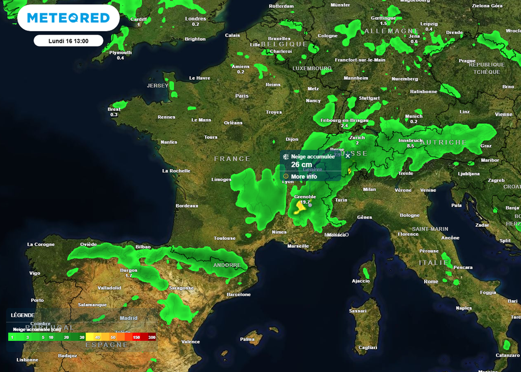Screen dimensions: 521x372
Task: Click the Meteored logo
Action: click(68, 18)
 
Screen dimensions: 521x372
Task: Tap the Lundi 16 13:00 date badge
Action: click(68, 41)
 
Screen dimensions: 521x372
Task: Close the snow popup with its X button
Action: click(348, 156)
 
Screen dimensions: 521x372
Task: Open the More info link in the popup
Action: click(304, 177)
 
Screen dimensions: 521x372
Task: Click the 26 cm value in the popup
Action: click(302, 165)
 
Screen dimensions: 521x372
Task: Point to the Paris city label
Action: click(242, 96)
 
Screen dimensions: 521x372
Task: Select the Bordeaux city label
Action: click(187, 206)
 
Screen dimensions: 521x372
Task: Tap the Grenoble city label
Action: click(305, 197)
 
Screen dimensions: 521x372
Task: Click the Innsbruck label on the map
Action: click(410, 140)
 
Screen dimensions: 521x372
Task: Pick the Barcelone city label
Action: click(239, 295)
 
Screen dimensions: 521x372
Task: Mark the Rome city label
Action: click(431, 281)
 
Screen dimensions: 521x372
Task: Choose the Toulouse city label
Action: click(224, 238)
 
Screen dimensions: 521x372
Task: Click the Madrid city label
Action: click(128, 318)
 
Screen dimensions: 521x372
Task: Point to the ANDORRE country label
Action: click(227, 265)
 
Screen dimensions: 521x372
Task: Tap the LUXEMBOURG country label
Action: click(312, 68)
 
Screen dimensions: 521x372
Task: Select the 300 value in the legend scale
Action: click(151, 337)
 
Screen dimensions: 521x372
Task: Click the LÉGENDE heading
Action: click(23, 315)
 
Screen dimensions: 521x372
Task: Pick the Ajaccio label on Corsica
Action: click(361, 281)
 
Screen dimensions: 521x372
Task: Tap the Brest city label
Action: click(114, 109)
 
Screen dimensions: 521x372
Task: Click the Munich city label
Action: click(414, 116)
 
